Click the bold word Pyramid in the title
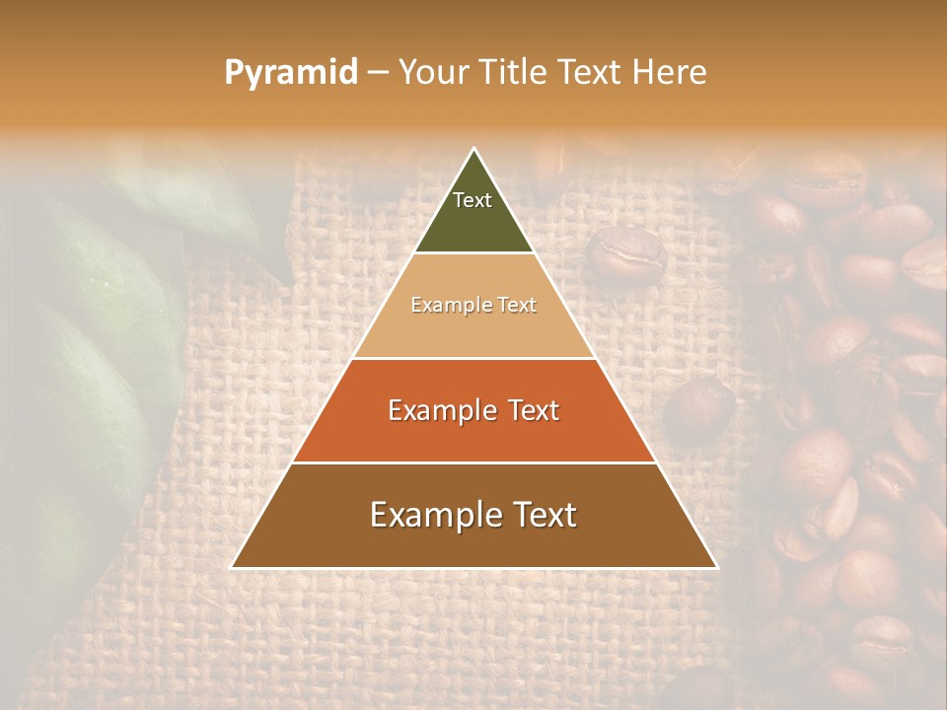point(290,72)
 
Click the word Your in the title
point(432,72)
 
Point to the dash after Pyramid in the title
point(378,73)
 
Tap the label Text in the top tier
point(473,200)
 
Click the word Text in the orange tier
point(526,410)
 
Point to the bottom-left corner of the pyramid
point(232,567)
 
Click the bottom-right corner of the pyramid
point(717,567)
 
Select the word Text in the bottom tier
point(544,515)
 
